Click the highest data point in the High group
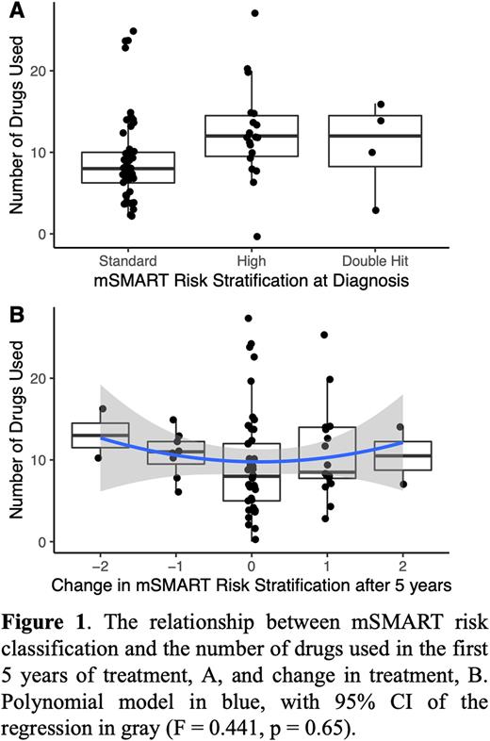[254, 14]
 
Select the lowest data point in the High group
[256, 237]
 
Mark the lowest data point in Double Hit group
[376, 210]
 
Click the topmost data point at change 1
[324, 335]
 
